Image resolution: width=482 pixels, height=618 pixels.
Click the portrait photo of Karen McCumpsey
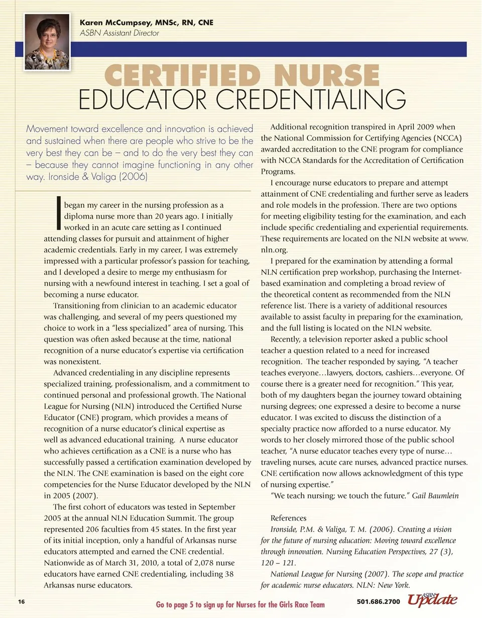click(47, 42)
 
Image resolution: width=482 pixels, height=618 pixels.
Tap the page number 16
click(21, 601)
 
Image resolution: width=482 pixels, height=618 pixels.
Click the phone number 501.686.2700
click(378, 601)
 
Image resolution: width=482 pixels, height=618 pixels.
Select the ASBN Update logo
click(432, 599)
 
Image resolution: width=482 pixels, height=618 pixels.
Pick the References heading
click(288, 518)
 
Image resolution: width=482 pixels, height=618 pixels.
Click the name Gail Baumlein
click(435, 496)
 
